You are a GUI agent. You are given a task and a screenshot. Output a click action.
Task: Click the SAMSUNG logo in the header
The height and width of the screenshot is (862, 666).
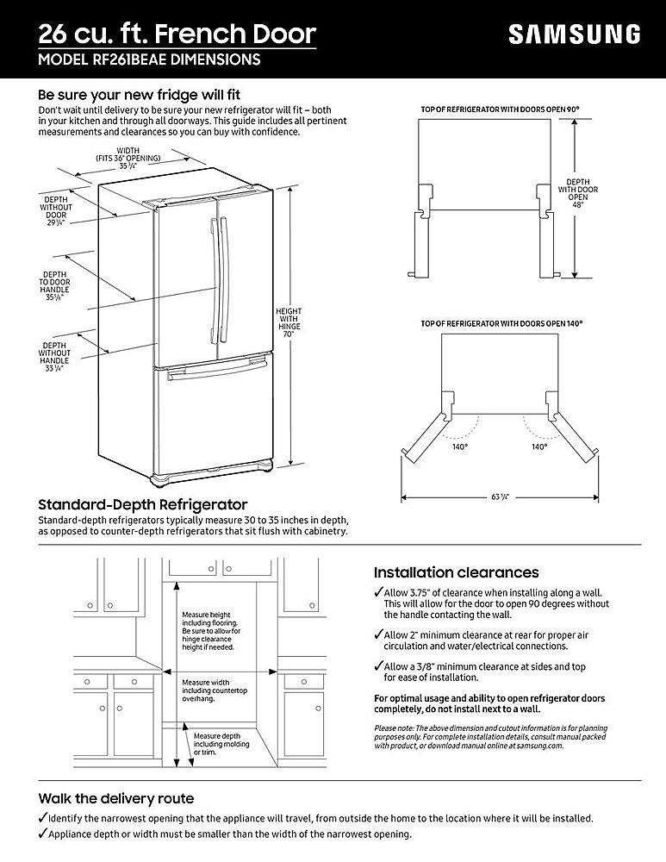click(574, 34)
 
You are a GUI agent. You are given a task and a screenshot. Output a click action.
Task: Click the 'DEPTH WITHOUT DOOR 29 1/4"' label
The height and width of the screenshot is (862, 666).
click(57, 212)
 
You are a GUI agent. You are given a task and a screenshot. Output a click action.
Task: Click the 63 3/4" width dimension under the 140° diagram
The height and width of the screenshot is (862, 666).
click(499, 497)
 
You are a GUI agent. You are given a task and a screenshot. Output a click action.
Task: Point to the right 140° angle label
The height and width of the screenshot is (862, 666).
click(539, 447)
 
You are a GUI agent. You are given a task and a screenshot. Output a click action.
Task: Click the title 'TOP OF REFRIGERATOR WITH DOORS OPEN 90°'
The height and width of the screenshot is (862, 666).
click(499, 109)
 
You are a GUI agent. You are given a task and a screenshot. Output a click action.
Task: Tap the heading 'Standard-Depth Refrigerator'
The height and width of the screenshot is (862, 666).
click(143, 504)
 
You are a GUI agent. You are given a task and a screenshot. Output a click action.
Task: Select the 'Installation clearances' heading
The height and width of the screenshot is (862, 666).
click(456, 572)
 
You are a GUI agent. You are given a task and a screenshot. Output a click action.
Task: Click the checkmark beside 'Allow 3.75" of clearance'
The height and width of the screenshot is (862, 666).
click(378, 593)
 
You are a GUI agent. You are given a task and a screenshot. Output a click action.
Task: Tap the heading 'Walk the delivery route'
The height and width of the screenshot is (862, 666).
click(116, 798)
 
